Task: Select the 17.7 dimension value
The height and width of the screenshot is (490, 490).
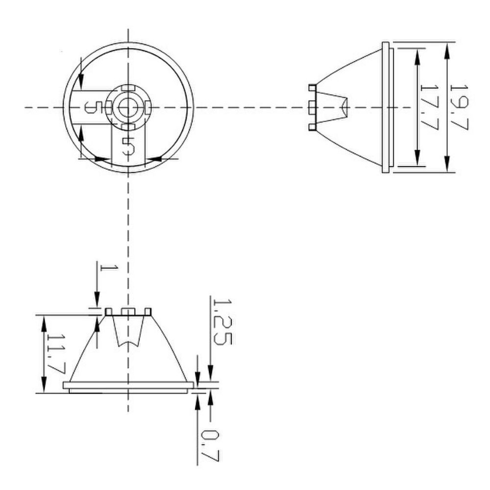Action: [428, 107]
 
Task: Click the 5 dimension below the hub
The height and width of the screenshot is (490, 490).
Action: [128, 146]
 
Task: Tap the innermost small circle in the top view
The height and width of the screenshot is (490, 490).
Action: [128, 107]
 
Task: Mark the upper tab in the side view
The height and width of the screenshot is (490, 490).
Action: [312, 88]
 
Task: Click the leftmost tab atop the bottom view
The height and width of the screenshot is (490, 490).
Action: [109, 311]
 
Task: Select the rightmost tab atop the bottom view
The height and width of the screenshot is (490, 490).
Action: [147, 311]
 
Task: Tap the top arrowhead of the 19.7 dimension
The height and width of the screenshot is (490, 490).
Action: [447, 49]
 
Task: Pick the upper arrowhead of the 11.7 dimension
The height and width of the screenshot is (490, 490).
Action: [44, 321]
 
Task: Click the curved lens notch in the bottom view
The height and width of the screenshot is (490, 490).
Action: [128, 343]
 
